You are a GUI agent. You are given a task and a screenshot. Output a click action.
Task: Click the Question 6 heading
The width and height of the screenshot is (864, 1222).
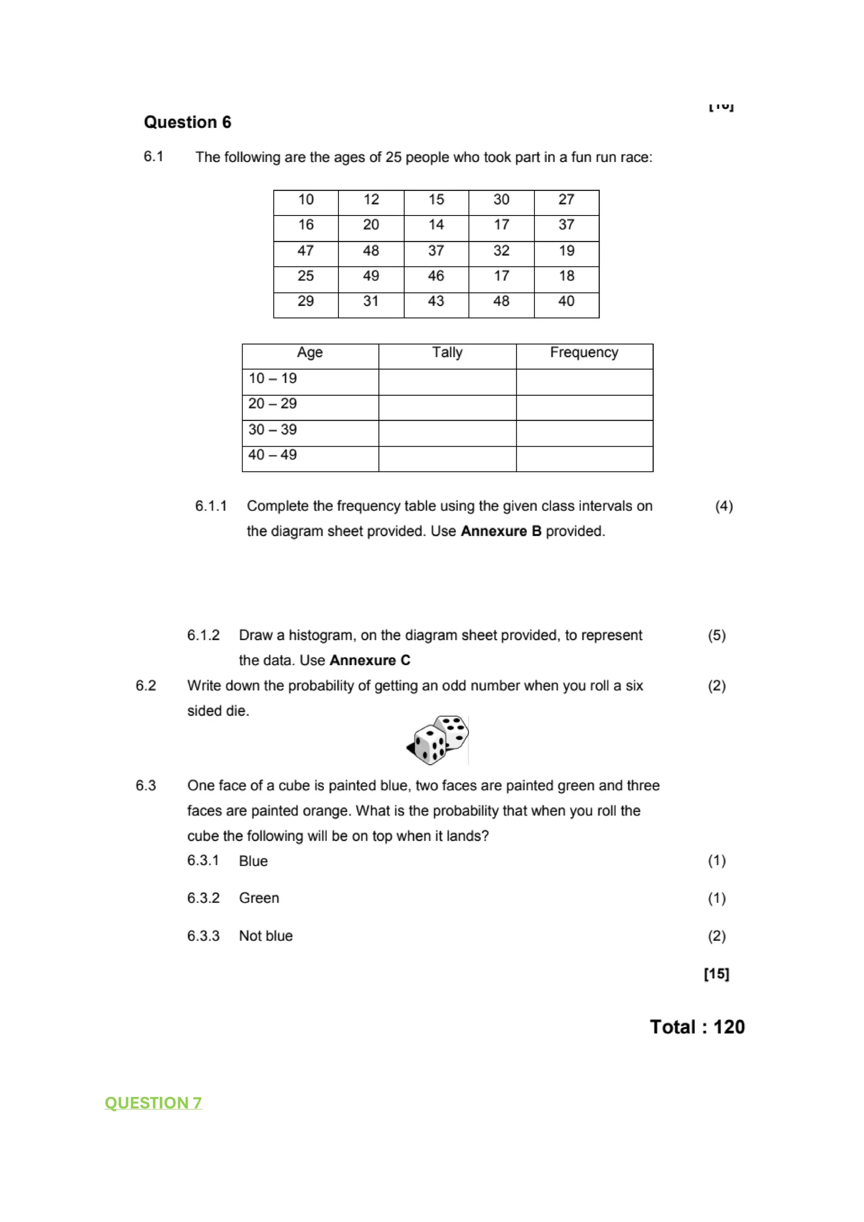click(187, 122)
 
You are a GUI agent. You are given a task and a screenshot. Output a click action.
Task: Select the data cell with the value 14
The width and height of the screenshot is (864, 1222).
click(436, 224)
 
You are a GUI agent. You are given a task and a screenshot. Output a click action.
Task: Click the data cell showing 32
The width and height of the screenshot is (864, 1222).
click(501, 251)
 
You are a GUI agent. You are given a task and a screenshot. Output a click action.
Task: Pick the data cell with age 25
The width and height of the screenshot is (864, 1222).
click(305, 276)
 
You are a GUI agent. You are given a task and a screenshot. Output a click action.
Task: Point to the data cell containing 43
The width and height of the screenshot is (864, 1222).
click(436, 301)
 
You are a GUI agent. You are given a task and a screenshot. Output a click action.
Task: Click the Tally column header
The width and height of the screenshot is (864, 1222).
click(447, 352)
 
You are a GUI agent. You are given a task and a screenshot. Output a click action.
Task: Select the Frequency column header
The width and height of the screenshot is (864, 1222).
click(584, 352)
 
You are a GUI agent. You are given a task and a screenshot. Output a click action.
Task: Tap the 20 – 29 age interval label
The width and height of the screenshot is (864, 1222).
click(273, 403)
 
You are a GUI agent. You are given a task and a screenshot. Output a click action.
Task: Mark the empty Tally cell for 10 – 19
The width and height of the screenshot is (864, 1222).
click(447, 382)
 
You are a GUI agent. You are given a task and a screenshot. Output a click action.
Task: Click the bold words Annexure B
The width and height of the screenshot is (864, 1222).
click(501, 531)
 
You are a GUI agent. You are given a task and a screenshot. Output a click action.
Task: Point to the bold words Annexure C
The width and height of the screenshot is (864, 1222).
click(370, 661)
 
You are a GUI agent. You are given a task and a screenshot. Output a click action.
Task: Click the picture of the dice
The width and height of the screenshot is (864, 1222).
click(437, 740)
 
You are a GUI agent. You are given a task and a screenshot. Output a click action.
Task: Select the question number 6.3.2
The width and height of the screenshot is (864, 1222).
click(203, 898)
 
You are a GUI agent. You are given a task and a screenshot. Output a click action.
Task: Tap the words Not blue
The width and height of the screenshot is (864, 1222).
click(266, 936)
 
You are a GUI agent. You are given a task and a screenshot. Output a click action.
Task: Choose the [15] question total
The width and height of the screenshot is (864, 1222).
click(716, 974)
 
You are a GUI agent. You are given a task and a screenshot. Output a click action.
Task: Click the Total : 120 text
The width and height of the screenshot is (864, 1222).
click(697, 1027)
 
